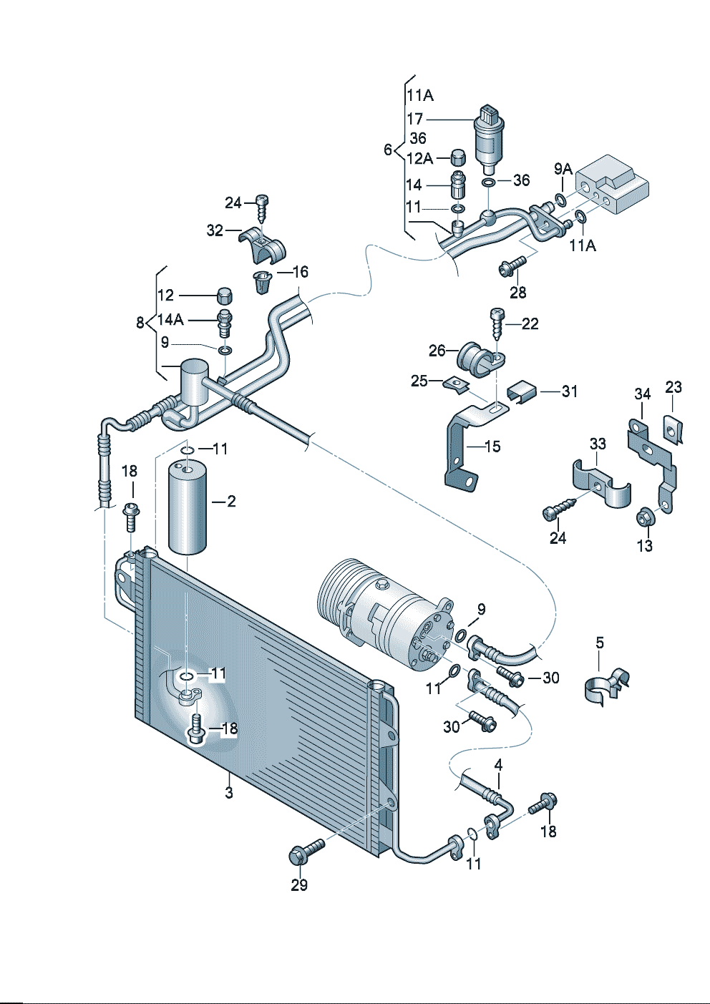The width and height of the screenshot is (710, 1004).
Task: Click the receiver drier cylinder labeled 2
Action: click(x=188, y=508)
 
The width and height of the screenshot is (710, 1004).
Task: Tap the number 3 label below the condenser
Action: click(x=228, y=793)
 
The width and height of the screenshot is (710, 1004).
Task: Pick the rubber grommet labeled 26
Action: click(x=473, y=358)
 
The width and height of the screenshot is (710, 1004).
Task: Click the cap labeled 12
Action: click(x=223, y=294)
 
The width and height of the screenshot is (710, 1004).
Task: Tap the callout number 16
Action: click(x=300, y=272)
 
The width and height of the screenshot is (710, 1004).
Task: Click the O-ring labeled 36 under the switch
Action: click(x=487, y=183)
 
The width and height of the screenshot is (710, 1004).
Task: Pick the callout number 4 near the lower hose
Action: click(x=498, y=765)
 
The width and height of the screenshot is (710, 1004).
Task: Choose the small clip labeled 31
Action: click(x=522, y=391)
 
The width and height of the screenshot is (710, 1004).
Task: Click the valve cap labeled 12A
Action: click(x=457, y=157)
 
